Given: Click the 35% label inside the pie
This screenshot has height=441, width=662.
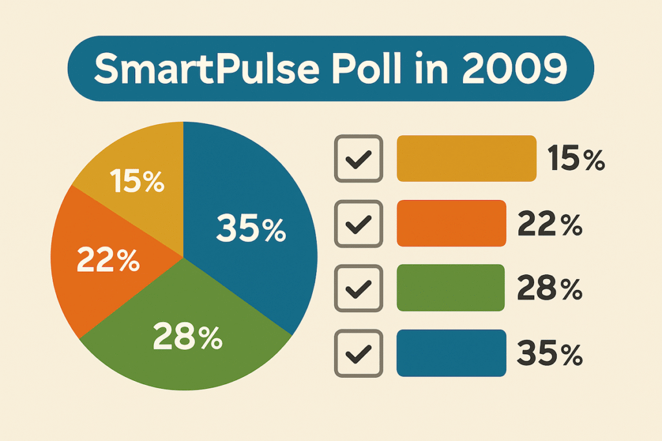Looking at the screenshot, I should (250, 229).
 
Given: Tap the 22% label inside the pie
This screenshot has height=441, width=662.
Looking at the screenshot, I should (109, 260).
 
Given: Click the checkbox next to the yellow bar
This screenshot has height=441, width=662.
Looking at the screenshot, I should (358, 159).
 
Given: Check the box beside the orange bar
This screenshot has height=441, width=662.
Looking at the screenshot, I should (358, 223).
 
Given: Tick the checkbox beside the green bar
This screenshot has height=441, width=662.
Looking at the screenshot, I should (358, 288).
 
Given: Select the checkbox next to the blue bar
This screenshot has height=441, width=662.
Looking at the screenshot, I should (358, 353).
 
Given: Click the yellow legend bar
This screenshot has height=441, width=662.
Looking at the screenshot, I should (466, 159).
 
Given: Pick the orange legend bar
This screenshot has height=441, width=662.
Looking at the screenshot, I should (451, 223).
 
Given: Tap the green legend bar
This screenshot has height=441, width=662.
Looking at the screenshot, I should (451, 288).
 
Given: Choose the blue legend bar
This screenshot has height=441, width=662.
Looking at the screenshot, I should (451, 353).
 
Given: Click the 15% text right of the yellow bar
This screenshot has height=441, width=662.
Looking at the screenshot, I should (575, 159).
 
